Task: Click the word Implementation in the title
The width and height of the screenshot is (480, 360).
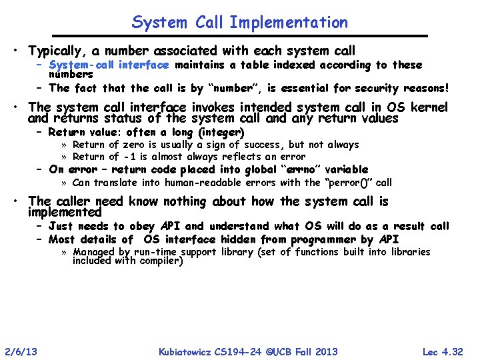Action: coord(289,22)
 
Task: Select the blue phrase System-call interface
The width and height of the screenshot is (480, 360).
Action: coord(109,65)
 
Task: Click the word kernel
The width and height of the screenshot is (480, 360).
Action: coord(428,107)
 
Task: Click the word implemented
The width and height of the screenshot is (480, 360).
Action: coord(65,213)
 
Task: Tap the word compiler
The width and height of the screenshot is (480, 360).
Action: coord(160,260)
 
